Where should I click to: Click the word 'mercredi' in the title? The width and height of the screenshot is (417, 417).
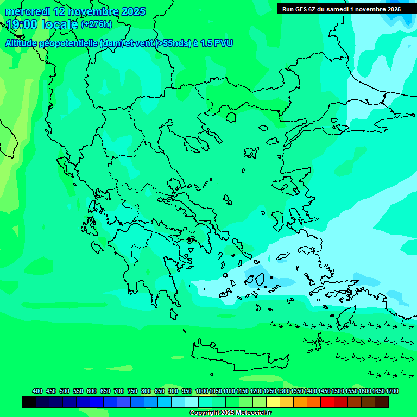[x=28, y=11]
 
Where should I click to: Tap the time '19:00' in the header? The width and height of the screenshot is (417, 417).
[x=23, y=24]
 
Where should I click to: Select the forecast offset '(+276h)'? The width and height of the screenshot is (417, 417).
[x=96, y=24]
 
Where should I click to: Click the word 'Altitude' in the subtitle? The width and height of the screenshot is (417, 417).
[x=24, y=43]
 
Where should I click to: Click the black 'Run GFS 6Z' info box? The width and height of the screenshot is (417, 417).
[x=341, y=9]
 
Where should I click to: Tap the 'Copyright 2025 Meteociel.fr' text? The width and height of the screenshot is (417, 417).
[x=231, y=413]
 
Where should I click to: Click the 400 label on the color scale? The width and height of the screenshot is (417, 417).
[x=37, y=391]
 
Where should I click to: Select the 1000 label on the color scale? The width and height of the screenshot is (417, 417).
[x=201, y=391]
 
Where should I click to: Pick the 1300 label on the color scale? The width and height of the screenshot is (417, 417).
[x=283, y=391]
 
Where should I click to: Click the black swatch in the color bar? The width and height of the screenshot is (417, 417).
[x=29, y=402]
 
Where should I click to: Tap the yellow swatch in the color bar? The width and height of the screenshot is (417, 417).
[x=273, y=402]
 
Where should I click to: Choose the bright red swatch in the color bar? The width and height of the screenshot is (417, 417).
[x=327, y=402]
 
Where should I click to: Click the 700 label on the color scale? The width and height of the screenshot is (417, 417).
[x=119, y=391]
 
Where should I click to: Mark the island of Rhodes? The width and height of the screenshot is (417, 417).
[x=345, y=318]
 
